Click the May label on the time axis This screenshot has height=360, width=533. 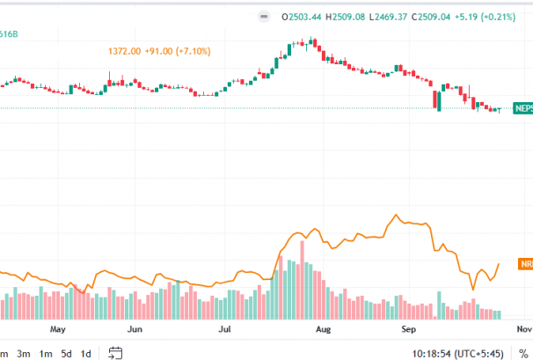[x=58, y=330]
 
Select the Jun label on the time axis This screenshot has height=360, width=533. [x=135, y=330]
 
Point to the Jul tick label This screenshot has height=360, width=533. [x=225, y=330]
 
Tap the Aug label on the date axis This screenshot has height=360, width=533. [x=323, y=330]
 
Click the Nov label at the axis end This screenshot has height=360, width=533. [x=524, y=330]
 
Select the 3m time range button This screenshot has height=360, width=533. [x=24, y=353]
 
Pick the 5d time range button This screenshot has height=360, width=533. [x=66, y=353]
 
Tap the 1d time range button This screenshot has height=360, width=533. [x=86, y=353]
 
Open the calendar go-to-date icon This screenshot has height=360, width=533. [x=115, y=353]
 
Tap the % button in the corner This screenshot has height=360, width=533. [x=523, y=353]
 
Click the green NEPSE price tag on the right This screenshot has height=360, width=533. [x=523, y=108]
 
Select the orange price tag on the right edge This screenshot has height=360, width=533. [x=524, y=264]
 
